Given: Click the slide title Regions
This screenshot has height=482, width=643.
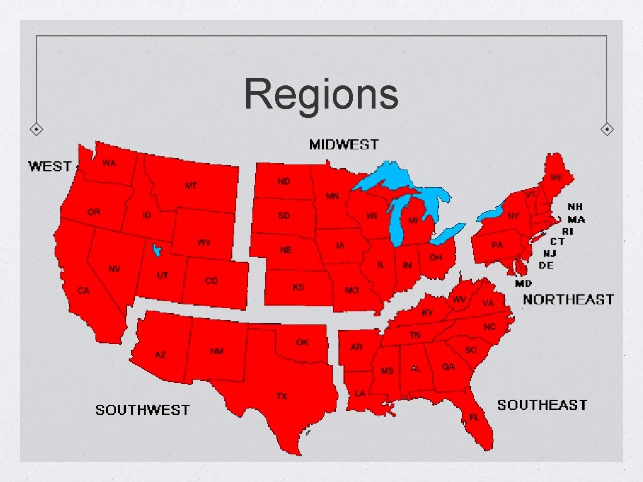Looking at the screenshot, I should point(321,94).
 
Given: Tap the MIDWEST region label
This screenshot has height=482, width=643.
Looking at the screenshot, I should point(343,145).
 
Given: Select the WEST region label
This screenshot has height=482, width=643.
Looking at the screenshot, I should point(50,166).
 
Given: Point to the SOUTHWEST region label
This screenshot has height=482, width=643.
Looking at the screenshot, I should point(142,410).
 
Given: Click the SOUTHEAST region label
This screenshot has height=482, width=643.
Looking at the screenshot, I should point(542,405).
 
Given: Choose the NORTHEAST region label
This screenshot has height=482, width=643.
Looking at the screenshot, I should point(568,299).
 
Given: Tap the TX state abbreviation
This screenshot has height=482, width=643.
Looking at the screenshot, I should point(282,396).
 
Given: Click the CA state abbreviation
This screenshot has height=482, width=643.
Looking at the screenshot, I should point(83,291).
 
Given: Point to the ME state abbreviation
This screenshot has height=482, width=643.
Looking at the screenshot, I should point(556,178).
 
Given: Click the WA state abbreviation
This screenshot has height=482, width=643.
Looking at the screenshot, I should point(109,163).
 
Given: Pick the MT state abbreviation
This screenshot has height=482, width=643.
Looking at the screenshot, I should point(191,186).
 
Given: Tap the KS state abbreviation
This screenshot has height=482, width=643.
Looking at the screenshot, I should point(299,287).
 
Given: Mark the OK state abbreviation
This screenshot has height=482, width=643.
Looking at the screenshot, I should point(302,342).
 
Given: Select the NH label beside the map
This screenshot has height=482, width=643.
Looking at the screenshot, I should point(575,206).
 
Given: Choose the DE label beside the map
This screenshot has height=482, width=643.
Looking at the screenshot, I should point(546,265).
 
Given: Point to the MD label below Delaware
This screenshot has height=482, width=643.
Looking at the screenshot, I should point(523,283).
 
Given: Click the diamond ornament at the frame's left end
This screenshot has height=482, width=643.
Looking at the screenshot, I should point(37,129).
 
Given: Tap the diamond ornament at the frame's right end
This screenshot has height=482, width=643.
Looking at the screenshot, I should point(607,129).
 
